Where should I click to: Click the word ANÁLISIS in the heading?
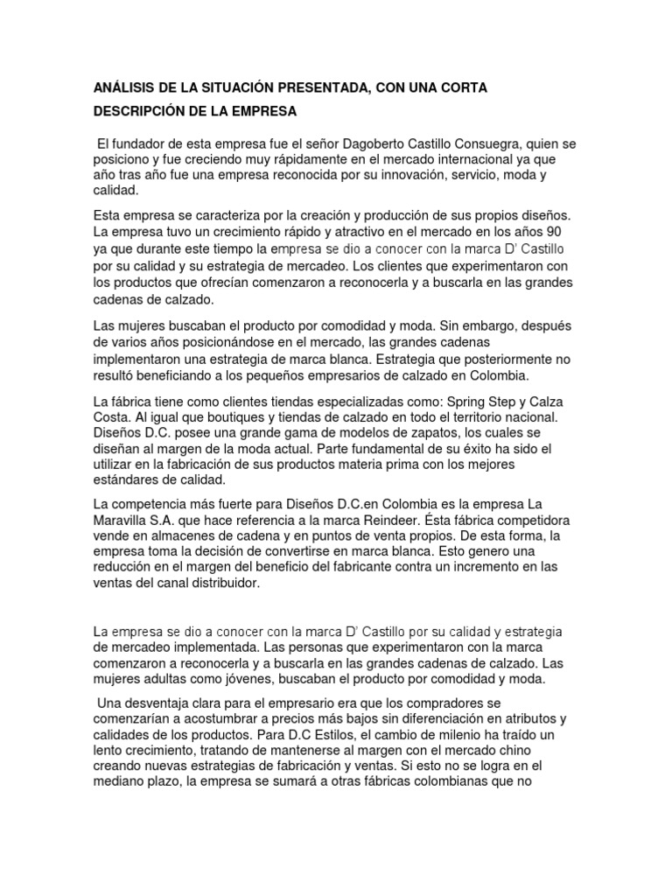point(126,88)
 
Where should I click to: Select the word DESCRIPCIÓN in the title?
point(139,112)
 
